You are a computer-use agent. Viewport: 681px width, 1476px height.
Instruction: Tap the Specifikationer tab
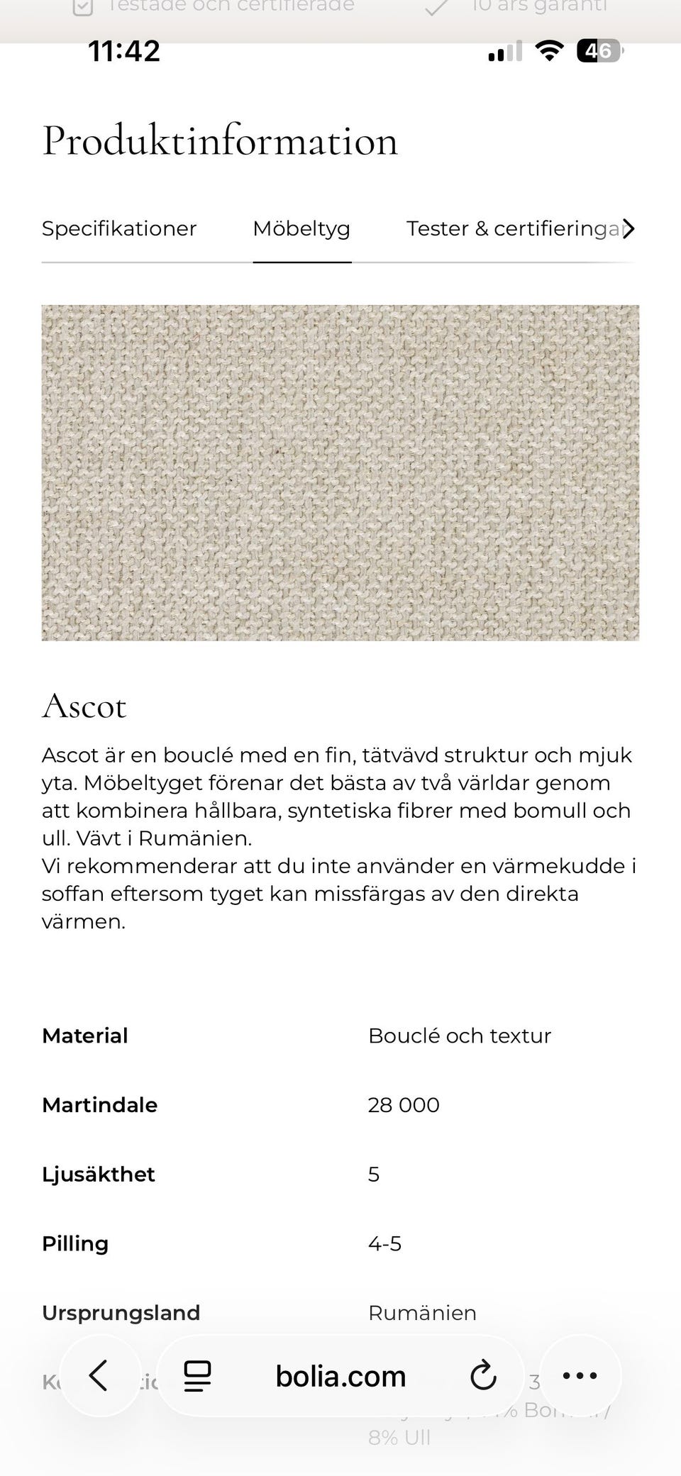tap(119, 229)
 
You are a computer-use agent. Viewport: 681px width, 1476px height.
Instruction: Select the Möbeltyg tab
tap(301, 229)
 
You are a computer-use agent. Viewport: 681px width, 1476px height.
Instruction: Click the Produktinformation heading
tap(220, 141)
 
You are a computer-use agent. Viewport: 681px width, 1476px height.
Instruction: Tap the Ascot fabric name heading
tap(84, 706)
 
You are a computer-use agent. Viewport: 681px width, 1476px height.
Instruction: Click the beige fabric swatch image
tap(340, 473)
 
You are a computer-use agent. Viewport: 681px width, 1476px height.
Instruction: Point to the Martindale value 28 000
tap(404, 1105)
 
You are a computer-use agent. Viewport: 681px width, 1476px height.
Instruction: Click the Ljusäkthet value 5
tap(374, 1175)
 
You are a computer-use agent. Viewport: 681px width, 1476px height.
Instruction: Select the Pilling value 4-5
tap(385, 1243)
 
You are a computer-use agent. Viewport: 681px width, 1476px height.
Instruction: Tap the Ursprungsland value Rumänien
tap(422, 1313)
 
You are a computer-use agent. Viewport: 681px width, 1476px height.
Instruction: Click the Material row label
tap(85, 1036)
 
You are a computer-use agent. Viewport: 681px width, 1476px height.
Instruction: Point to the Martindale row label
tap(100, 1105)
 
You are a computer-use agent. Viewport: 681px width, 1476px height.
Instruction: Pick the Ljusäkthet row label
tap(99, 1175)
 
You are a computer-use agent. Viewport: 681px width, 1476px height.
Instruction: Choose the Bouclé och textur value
tap(460, 1036)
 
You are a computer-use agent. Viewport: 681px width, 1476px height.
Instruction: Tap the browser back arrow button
tap(99, 1376)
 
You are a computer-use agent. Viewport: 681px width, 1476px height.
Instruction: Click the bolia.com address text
tap(340, 1377)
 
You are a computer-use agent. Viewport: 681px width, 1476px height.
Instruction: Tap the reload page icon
tap(484, 1376)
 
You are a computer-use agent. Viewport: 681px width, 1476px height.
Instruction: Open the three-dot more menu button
tap(580, 1376)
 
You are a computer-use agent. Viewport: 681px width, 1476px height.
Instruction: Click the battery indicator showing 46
tap(599, 51)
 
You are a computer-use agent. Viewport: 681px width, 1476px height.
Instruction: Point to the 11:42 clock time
tap(124, 51)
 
